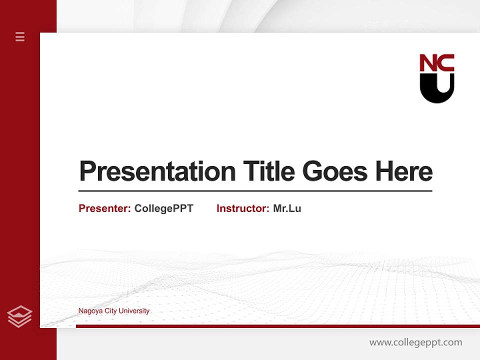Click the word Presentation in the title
157,171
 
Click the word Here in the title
403,171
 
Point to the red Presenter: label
104,208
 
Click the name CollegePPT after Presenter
163,208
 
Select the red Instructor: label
242,208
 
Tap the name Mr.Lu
287,208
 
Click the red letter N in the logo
428,63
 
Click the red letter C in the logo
446,63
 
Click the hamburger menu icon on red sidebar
20,36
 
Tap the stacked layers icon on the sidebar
19,316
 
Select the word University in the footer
133,311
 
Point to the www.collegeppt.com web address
415,342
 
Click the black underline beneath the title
255,191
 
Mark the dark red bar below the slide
277,326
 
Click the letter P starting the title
87,171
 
